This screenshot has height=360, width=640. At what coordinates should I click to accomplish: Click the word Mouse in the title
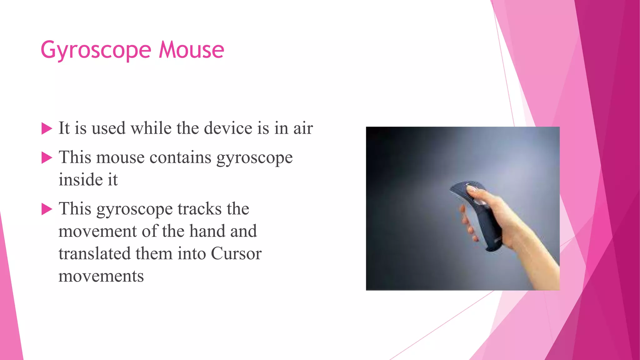(191, 50)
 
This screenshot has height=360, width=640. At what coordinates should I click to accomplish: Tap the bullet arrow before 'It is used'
(47, 128)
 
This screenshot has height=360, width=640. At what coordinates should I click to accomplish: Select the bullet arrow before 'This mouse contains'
(47, 158)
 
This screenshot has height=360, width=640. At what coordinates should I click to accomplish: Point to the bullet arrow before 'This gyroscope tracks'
(47, 209)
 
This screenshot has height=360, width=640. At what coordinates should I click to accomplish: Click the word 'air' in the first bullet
(303, 128)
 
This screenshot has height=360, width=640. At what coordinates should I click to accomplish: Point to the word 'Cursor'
(236, 253)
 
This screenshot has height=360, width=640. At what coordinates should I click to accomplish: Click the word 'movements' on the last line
(101, 276)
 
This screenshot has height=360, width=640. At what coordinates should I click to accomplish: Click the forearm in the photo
(537, 256)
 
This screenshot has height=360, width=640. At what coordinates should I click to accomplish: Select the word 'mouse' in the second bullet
(120, 157)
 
